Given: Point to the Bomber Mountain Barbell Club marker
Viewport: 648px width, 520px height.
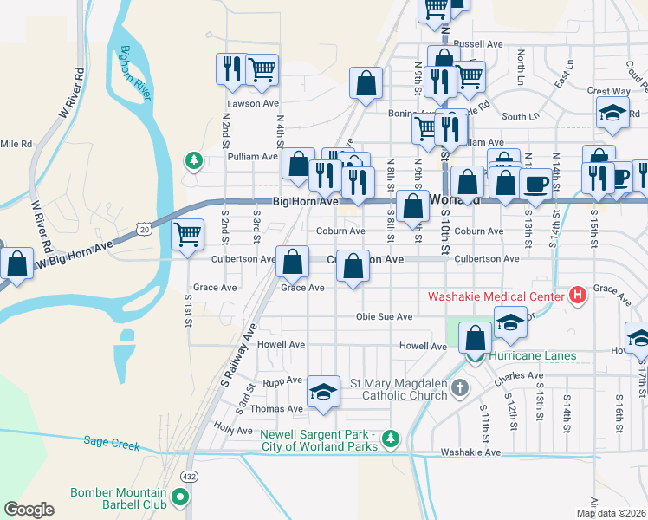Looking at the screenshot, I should [x=180, y=497].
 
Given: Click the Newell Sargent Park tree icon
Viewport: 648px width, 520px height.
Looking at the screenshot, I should [x=391, y=439].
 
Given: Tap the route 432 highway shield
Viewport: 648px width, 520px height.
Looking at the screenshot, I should [x=189, y=477].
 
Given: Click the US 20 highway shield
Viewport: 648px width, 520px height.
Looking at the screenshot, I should [x=144, y=227].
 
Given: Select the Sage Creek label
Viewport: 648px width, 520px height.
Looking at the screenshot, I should [x=112, y=443].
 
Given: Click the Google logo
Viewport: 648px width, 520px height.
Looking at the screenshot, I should [x=29, y=510].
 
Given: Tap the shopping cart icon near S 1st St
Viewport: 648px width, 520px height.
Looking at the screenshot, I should [x=188, y=234].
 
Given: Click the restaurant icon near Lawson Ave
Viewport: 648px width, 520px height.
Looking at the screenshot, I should [x=231, y=68].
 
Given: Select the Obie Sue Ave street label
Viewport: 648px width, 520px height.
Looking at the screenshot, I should [x=384, y=317].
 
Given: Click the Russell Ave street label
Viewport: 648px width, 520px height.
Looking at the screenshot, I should [x=477, y=43].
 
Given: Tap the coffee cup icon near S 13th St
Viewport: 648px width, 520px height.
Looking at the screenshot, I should [x=535, y=184].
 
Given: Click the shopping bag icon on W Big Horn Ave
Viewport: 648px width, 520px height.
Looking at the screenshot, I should [x=16, y=263].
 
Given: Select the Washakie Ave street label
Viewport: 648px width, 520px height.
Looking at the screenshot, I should [x=470, y=452].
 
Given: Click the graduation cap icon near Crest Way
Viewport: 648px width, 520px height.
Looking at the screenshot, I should [x=612, y=112].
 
